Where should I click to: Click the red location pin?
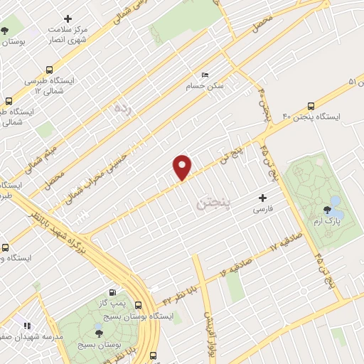pyautogui.click(x=183, y=166)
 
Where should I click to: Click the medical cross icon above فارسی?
pyautogui.click(x=263, y=198)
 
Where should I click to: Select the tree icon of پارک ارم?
pyautogui.click(x=327, y=209)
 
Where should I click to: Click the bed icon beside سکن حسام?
pyautogui.click(x=205, y=75)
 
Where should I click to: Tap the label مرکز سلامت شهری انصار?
pyautogui.click(x=68, y=33)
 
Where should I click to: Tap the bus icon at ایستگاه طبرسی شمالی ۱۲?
pyautogui.click(x=48, y=70)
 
